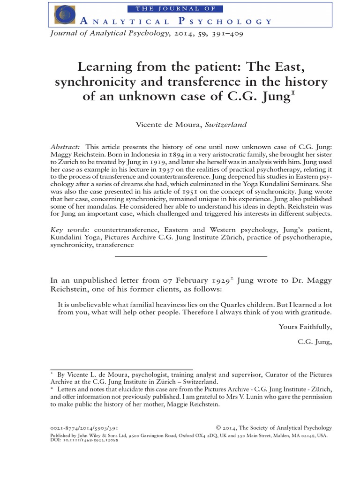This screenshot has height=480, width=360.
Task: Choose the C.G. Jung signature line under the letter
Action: pyautogui.click(x=315, y=342)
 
